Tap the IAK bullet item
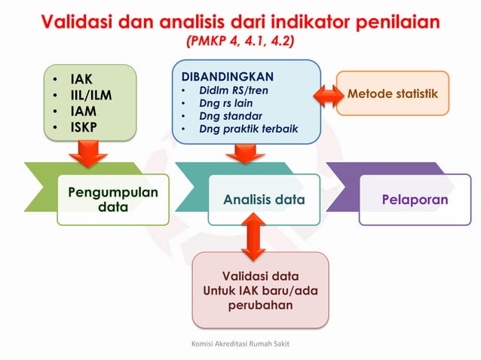click(81, 79)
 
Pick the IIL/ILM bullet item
click(91, 95)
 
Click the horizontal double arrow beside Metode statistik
click(328, 95)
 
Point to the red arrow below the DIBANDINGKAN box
click(246, 154)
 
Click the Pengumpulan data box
click(113, 200)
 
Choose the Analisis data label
click(264, 200)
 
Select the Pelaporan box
click(414, 200)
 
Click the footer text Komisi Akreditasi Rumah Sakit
click(240, 343)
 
